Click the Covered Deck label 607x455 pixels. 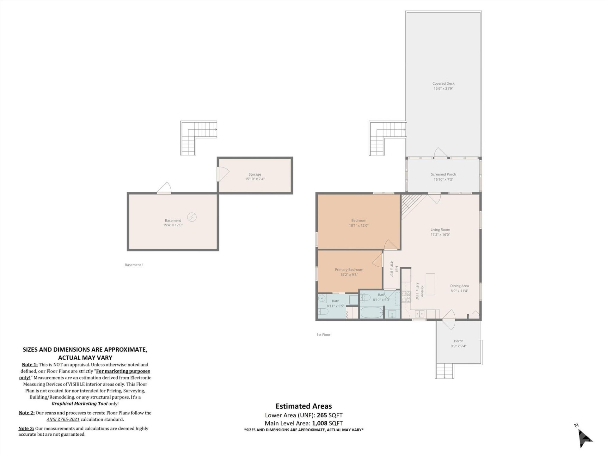pyautogui.click(x=443, y=84)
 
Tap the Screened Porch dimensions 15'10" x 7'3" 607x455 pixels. pyautogui.click(x=443, y=179)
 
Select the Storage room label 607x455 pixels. pyautogui.click(x=254, y=174)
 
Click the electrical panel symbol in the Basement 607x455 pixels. pyautogui.click(x=192, y=217)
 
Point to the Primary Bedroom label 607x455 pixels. pyautogui.click(x=349, y=270)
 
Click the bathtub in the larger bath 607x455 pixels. pyautogui.click(x=372, y=312)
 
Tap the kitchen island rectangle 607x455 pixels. pyautogui.click(x=430, y=284)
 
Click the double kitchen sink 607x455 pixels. pyautogui.click(x=420, y=314)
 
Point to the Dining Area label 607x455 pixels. pyautogui.click(x=459, y=286)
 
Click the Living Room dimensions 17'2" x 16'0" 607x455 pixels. pyautogui.click(x=440, y=234)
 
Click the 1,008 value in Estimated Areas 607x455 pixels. pyautogui.click(x=319, y=423)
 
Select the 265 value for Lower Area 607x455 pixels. pyautogui.click(x=322, y=415)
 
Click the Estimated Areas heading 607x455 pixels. pyautogui.click(x=303, y=406)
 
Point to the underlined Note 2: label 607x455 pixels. pyautogui.click(x=27, y=413)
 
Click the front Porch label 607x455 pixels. pyautogui.click(x=458, y=341)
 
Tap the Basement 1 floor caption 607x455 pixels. pyautogui.click(x=134, y=265)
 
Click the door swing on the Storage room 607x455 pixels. pyautogui.click(x=223, y=174)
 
